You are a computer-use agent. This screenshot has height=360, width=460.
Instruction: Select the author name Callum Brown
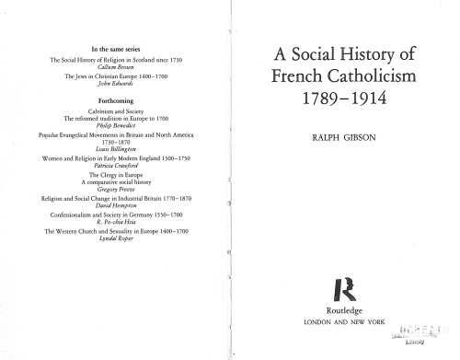pyautogui.click(x=117, y=65)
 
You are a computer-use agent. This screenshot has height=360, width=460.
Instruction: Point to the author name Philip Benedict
pyautogui.click(x=117, y=125)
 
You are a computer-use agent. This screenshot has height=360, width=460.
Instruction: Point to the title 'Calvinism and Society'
pyautogui.click(x=117, y=111)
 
